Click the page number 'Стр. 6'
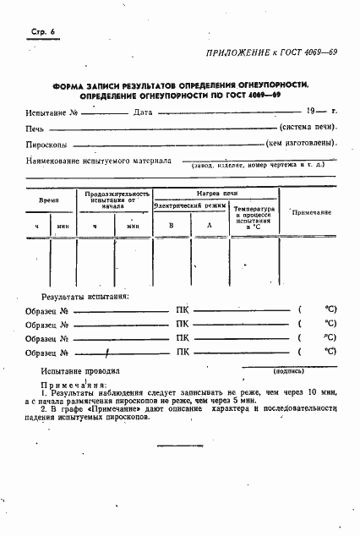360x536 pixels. [30, 31]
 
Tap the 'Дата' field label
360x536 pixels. [143, 112]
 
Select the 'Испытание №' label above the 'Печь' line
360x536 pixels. [52, 112]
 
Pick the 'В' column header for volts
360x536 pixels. [171, 226]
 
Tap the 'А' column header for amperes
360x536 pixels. [210, 226]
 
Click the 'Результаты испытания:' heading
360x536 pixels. [86, 297]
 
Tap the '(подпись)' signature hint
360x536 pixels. [289, 370]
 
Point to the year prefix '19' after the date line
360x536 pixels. [311, 112]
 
